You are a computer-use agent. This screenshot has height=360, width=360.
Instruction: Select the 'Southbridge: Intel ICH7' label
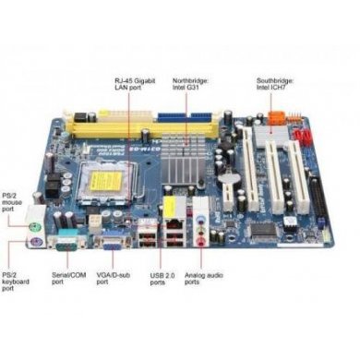[x=277, y=85]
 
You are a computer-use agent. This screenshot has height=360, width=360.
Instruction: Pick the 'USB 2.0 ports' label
[x=164, y=281]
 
